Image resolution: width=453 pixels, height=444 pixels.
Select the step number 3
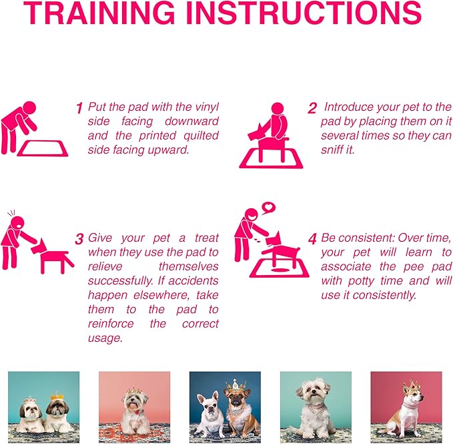pyautogui.click(x=79, y=239)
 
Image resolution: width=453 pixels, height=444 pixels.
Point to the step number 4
pyautogui.click(x=312, y=239)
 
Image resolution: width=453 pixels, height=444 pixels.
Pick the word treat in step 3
pyautogui.click(x=204, y=237)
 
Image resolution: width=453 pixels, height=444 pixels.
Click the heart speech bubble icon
pyautogui.click(x=269, y=208)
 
